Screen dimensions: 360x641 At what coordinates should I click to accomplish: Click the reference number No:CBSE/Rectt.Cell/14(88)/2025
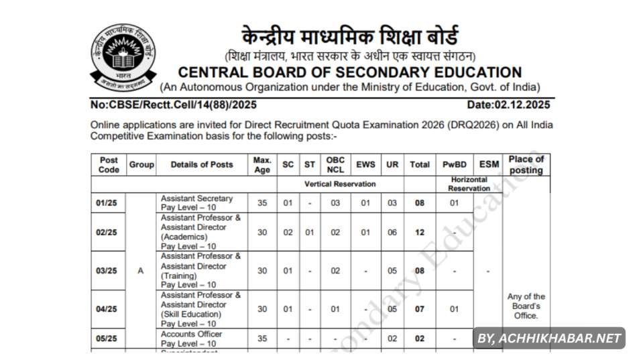coord(174,105)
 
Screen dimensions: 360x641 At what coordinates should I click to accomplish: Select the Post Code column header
coord(109,165)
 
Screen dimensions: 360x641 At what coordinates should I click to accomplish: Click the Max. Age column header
coord(262,165)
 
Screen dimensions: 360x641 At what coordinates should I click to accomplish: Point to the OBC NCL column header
coord(335,165)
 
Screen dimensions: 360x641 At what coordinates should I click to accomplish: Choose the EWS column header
coord(365,165)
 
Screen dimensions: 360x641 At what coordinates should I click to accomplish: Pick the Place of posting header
coord(526,165)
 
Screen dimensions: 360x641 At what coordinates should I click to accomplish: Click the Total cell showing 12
coord(420,232)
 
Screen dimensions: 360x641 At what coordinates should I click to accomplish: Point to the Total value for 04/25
coord(420,310)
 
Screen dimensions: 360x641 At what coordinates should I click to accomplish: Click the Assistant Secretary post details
coord(197,203)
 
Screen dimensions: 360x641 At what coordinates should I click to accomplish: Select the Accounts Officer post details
coord(192,339)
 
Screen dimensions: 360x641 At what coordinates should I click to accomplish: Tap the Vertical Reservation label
coord(340,184)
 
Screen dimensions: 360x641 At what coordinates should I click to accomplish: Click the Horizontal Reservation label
coord(469,184)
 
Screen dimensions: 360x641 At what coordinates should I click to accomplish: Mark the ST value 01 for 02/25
coord(309,232)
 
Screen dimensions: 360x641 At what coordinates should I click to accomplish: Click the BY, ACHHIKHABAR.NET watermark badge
coord(549,339)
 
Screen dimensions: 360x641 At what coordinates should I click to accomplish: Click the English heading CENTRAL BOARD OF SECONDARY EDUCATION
coord(349,72)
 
